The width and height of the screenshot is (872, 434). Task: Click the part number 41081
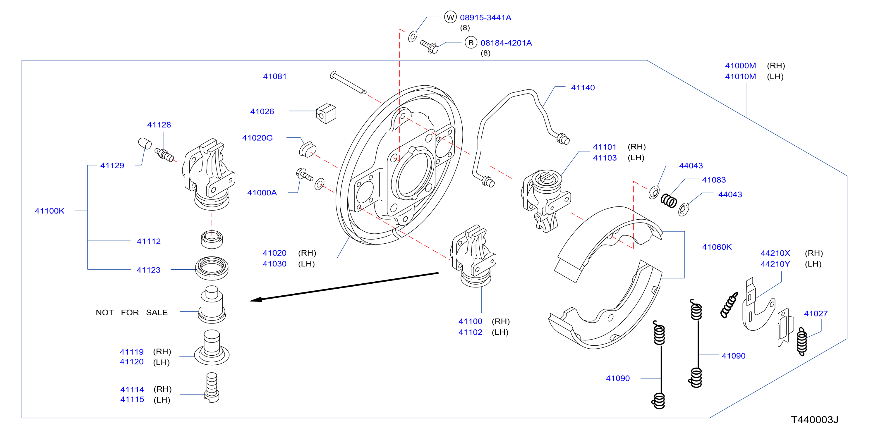(x=274, y=76)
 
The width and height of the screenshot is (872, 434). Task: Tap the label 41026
(x=262, y=112)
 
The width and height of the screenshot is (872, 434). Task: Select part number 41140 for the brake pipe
(x=583, y=88)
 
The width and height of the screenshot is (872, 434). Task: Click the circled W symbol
(x=450, y=17)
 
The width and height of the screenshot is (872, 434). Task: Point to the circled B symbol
(x=471, y=43)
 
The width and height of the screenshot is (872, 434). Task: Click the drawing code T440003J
(x=814, y=420)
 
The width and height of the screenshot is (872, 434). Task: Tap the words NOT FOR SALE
(x=132, y=313)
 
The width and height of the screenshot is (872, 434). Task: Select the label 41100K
(x=49, y=211)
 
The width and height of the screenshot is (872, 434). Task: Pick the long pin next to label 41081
(x=348, y=82)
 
